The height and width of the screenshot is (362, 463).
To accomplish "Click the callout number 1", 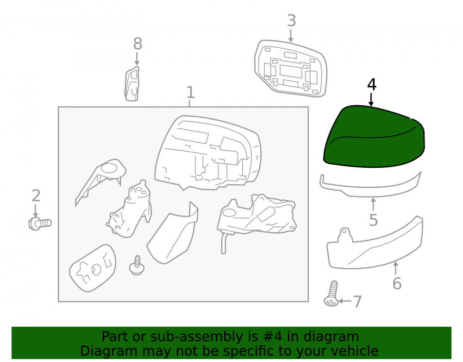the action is point(190,93).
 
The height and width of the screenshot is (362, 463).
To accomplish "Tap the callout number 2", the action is point(36,196).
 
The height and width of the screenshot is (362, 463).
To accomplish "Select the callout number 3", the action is point(291,21).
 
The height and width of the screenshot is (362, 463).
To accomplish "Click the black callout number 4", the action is point(372,84).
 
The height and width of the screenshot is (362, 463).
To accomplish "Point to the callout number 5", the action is point(374,220).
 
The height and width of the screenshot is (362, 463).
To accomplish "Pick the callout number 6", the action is point(397,284).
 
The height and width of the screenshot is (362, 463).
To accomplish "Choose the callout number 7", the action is point(357,302).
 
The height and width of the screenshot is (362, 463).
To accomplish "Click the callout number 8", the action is point(138,44).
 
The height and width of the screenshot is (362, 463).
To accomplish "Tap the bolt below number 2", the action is point(40,224).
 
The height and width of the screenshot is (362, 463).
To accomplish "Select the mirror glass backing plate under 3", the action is point(291,69).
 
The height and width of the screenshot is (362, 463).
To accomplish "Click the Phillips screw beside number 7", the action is point(332,294).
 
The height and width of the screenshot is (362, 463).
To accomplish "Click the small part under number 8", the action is point(132,84).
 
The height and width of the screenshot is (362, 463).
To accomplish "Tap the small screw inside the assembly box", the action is point(137,266).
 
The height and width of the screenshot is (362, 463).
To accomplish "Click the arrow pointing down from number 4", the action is point(371,100).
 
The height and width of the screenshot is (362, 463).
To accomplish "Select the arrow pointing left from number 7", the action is point(345,301).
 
